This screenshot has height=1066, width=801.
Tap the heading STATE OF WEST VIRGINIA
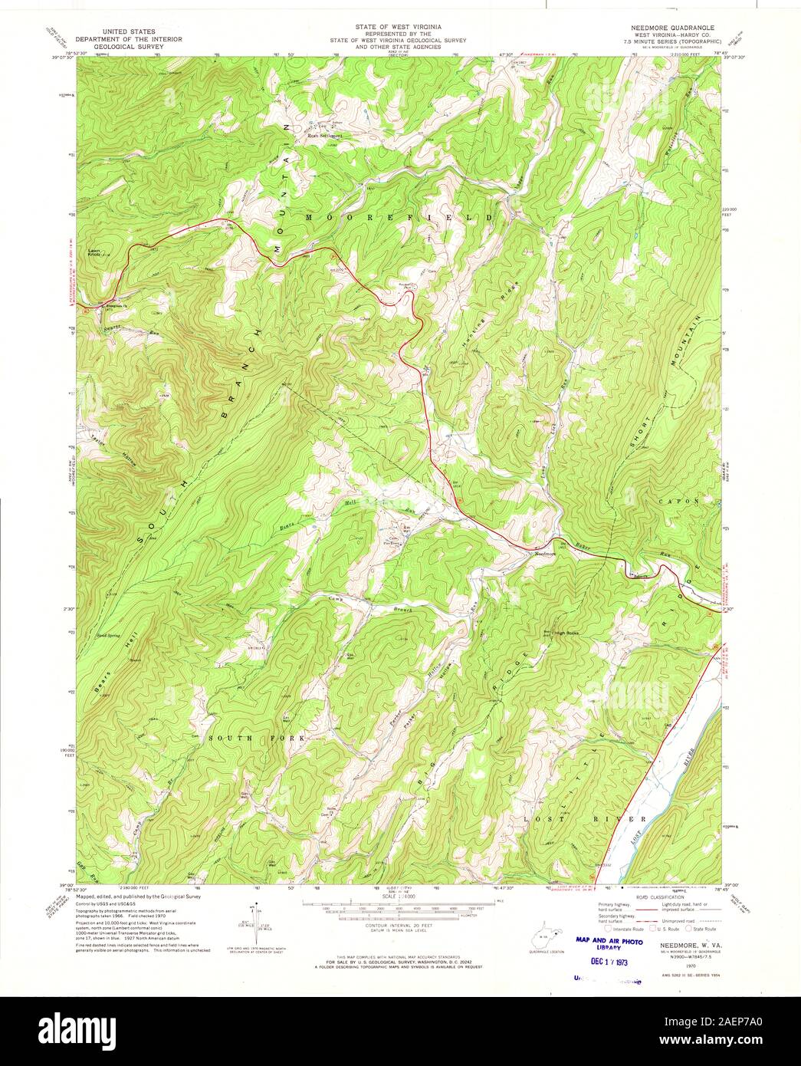click(400, 26)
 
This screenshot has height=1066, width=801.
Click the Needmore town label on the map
click(544, 553)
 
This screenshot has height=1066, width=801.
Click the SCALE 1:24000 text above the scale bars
click(402, 896)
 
